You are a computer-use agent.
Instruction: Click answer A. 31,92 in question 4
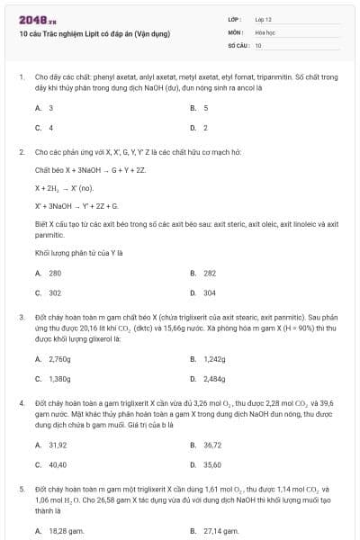50,445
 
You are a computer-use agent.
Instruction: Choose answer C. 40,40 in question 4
50,464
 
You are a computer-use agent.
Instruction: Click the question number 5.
21,488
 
